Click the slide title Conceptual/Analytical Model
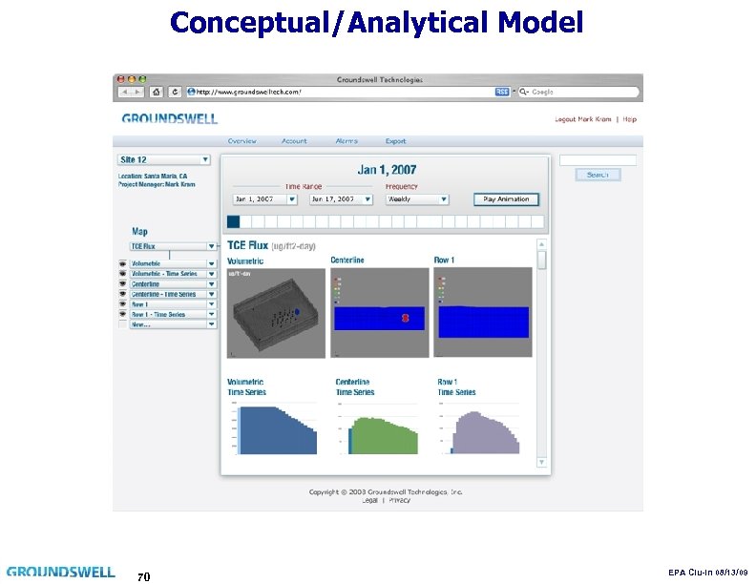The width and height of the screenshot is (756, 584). click(x=376, y=22)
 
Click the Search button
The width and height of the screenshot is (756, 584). click(x=598, y=175)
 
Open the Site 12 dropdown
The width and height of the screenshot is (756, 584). click(x=164, y=159)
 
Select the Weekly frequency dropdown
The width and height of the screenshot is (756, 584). click(x=417, y=199)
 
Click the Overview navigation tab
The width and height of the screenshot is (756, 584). click(x=241, y=141)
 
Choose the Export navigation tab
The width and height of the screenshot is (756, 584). click(x=395, y=141)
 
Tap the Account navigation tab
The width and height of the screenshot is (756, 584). click(x=294, y=141)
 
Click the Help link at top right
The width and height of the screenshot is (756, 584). click(x=630, y=119)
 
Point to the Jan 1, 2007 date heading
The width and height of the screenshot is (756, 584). click(x=387, y=170)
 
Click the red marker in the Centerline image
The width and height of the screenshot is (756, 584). click(x=405, y=318)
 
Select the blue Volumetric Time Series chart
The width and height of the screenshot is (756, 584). click(x=276, y=430)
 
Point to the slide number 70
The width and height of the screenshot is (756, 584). click(x=143, y=576)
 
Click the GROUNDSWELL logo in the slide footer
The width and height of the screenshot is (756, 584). click(x=61, y=572)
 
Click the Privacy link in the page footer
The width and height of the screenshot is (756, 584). click(x=400, y=499)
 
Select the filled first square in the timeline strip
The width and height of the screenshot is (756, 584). click(x=233, y=222)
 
